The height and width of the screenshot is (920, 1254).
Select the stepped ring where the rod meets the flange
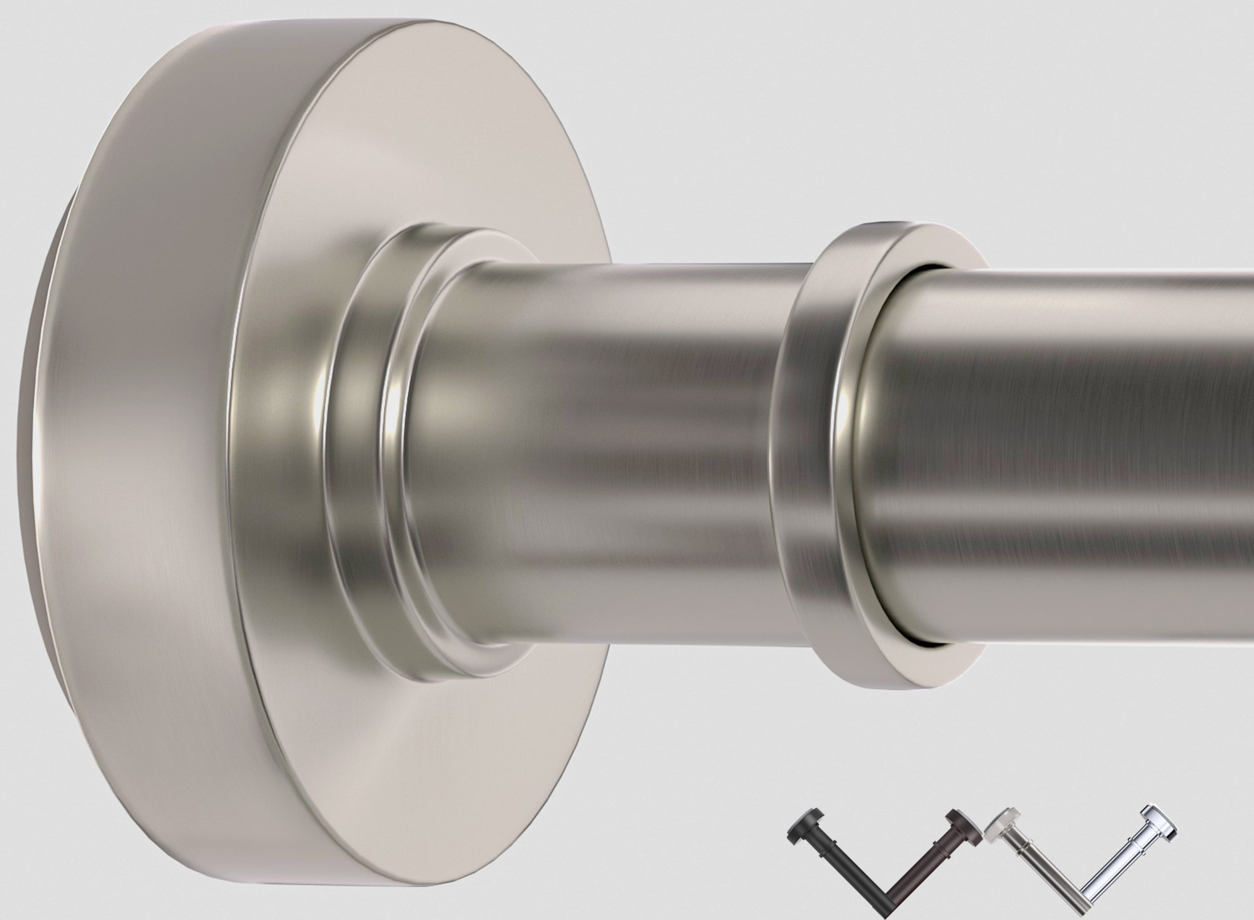(362, 457)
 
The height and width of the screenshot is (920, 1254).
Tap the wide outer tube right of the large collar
(1058, 457)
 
